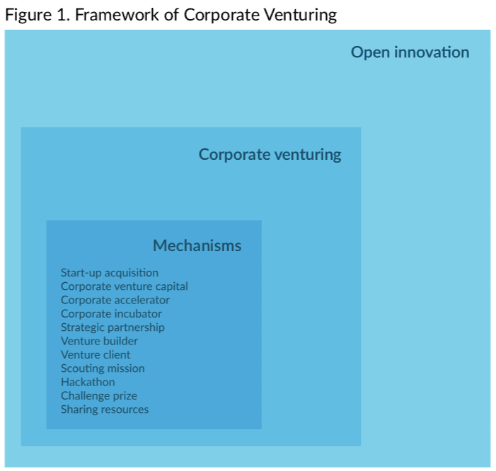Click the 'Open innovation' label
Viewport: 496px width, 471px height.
[x=410, y=52]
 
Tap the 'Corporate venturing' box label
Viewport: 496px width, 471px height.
[x=270, y=155]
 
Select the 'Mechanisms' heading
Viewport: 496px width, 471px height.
[x=197, y=245]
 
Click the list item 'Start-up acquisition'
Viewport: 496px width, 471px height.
[x=110, y=273]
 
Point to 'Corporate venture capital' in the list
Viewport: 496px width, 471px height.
[x=125, y=286]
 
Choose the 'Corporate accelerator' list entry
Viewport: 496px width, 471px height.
[x=115, y=300]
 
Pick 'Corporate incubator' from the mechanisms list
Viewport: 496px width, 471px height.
[x=111, y=313]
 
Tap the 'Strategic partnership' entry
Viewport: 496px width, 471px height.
[x=113, y=327]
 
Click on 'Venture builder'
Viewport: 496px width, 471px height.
[x=99, y=341]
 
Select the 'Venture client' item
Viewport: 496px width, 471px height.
[x=96, y=355]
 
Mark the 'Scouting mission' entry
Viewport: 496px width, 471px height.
[x=103, y=368]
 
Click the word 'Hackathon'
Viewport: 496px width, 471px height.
[x=88, y=382]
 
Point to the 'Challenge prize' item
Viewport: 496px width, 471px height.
[x=99, y=396]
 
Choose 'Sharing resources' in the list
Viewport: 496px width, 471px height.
[x=105, y=409]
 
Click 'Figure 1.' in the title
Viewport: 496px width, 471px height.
[x=38, y=15]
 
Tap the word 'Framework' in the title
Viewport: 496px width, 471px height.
[x=117, y=15]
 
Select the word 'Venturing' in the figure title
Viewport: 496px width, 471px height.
[x=300, y=15]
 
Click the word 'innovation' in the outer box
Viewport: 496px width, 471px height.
[x=432, y=52]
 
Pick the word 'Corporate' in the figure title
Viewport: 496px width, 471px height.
[x=221, y=15]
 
